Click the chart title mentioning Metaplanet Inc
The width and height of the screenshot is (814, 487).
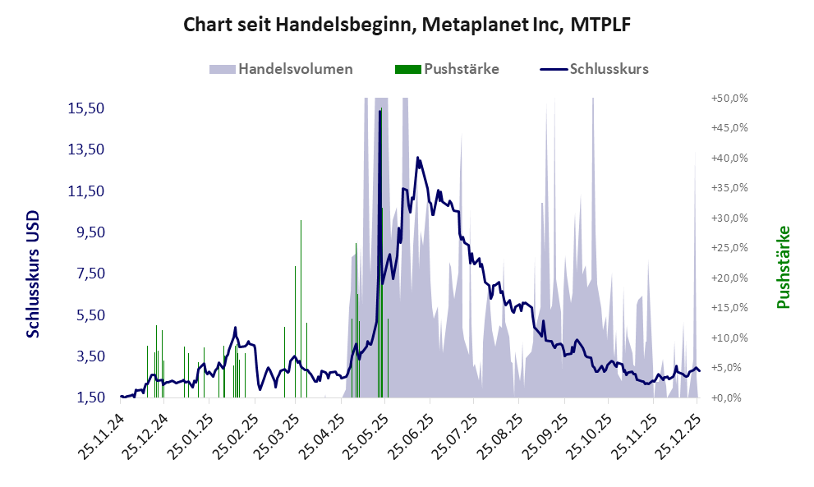[x=407, y=25]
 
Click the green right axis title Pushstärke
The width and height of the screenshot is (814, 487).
[x=783, y=268]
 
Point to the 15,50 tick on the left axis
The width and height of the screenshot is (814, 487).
[x=85, y=108]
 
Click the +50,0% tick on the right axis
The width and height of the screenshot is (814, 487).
[x=729, y=98]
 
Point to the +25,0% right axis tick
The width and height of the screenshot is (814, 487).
[x=729, y=248]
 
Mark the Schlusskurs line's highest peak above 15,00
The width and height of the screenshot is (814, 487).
[x=379, y=112]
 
